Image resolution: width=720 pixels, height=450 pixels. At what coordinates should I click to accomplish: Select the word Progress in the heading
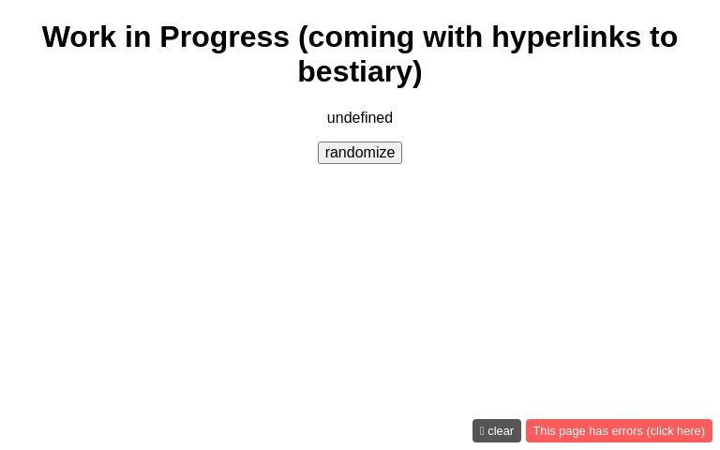224,37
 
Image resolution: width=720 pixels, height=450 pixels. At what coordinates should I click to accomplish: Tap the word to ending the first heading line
663,37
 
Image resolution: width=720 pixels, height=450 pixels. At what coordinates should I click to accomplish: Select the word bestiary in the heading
353,72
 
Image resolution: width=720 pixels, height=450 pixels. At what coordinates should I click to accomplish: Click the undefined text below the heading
360,118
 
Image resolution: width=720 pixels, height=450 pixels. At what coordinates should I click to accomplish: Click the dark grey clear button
497,431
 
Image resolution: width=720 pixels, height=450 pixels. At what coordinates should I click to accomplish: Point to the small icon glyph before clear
482,431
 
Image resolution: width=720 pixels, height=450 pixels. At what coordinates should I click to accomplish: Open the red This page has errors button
619,431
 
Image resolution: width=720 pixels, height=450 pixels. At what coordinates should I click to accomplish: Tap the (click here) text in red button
676,431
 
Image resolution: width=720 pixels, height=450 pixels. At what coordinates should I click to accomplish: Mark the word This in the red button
545,431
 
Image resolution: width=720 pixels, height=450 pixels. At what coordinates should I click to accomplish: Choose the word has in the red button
597,431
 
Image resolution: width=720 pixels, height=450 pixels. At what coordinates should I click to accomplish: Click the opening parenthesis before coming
304,37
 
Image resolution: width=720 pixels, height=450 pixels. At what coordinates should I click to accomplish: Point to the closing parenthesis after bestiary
417,72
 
